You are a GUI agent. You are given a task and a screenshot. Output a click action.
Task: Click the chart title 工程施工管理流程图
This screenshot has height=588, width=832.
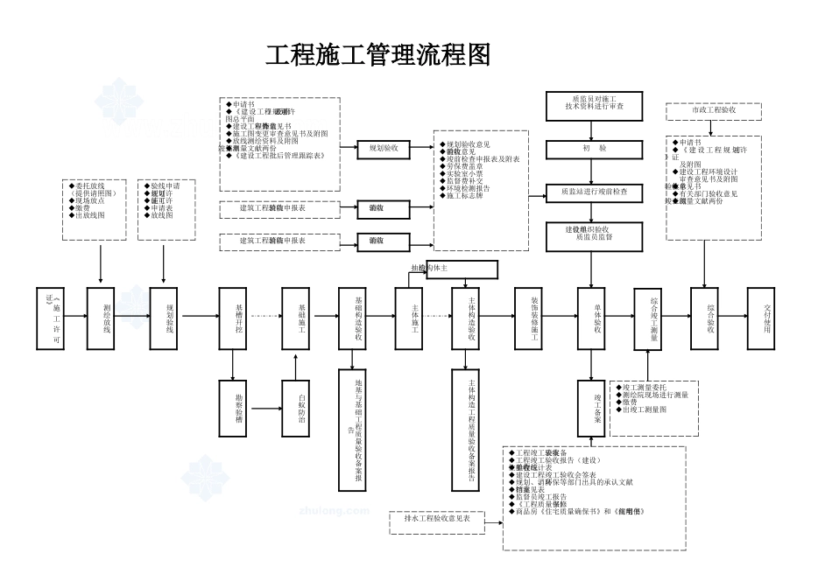(377, 54)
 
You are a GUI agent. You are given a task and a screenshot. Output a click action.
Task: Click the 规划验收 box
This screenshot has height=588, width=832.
(383, 150)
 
